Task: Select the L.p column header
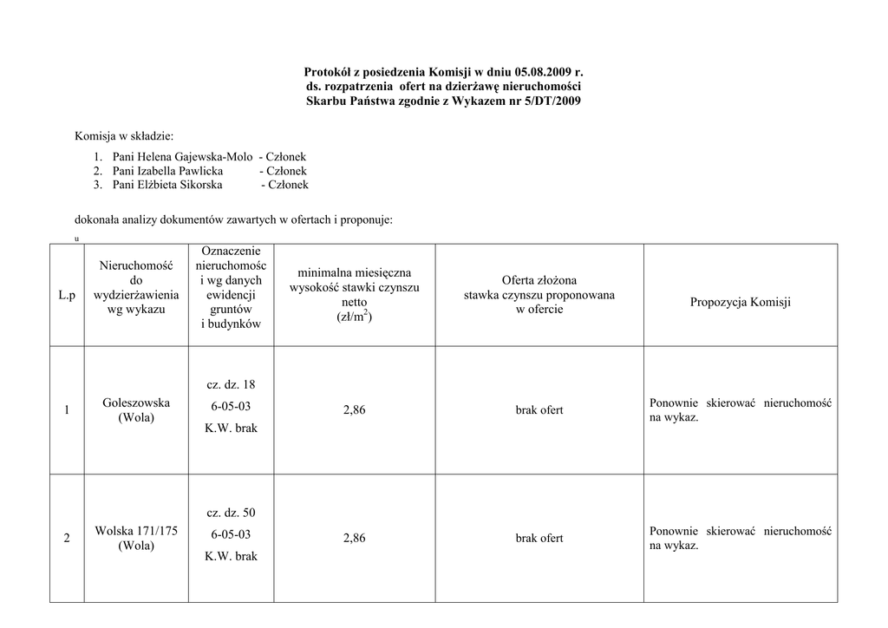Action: point(67,296)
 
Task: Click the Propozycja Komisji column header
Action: point(741,302)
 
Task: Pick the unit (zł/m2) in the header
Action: point(354,317)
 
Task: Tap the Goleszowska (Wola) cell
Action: point(136,410)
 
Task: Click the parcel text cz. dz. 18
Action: point(231,384)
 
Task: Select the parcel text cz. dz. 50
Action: point(231,513)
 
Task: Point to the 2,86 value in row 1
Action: point(354,410)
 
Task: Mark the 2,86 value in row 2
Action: point(354,539)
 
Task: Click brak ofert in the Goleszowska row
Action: point(539,410)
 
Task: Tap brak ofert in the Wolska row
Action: point(539,539)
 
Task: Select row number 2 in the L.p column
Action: point(67,539)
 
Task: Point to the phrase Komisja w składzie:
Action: point(124,136)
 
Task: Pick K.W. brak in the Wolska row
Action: point(231,557)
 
